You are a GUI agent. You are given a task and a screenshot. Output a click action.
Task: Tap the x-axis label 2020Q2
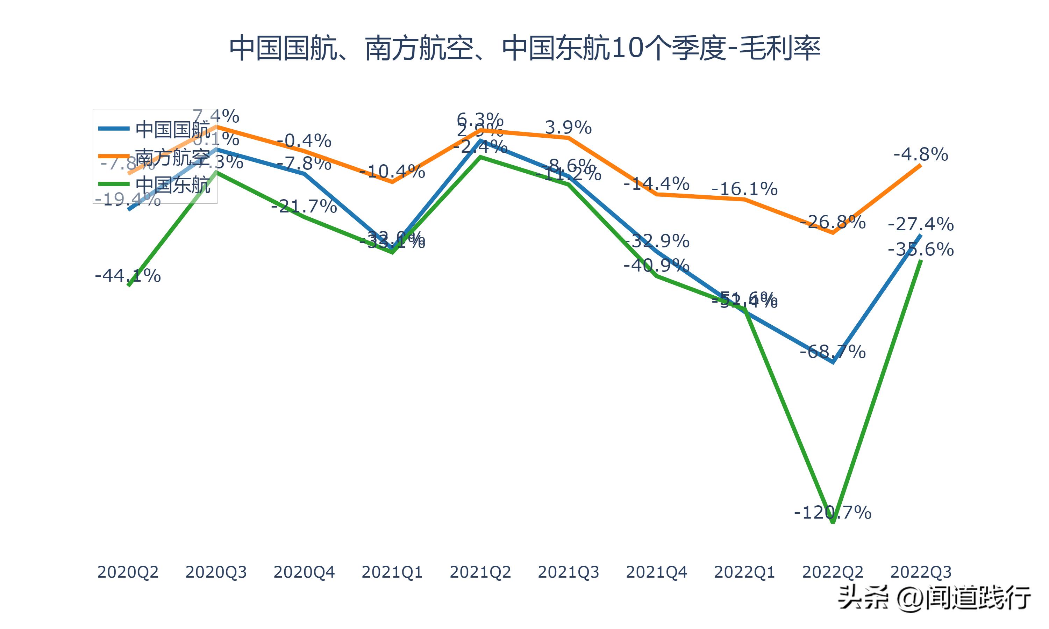(128, 572)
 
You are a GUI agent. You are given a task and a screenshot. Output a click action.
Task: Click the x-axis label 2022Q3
(921, 572)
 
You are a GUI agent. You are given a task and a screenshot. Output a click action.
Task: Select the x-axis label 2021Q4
(656, 572)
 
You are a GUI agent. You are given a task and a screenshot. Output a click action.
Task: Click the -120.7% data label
(832, 513)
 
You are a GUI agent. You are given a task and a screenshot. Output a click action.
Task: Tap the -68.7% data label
(832, 352)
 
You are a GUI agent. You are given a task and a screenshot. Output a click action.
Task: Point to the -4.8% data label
(921, 154)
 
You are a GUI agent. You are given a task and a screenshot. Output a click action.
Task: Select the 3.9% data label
(568, 127)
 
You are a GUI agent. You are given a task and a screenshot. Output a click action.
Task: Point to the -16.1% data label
(744, 189)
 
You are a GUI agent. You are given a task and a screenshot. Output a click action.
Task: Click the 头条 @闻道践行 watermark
(935, 598)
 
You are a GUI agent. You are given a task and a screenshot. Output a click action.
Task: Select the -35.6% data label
(921, 249)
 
